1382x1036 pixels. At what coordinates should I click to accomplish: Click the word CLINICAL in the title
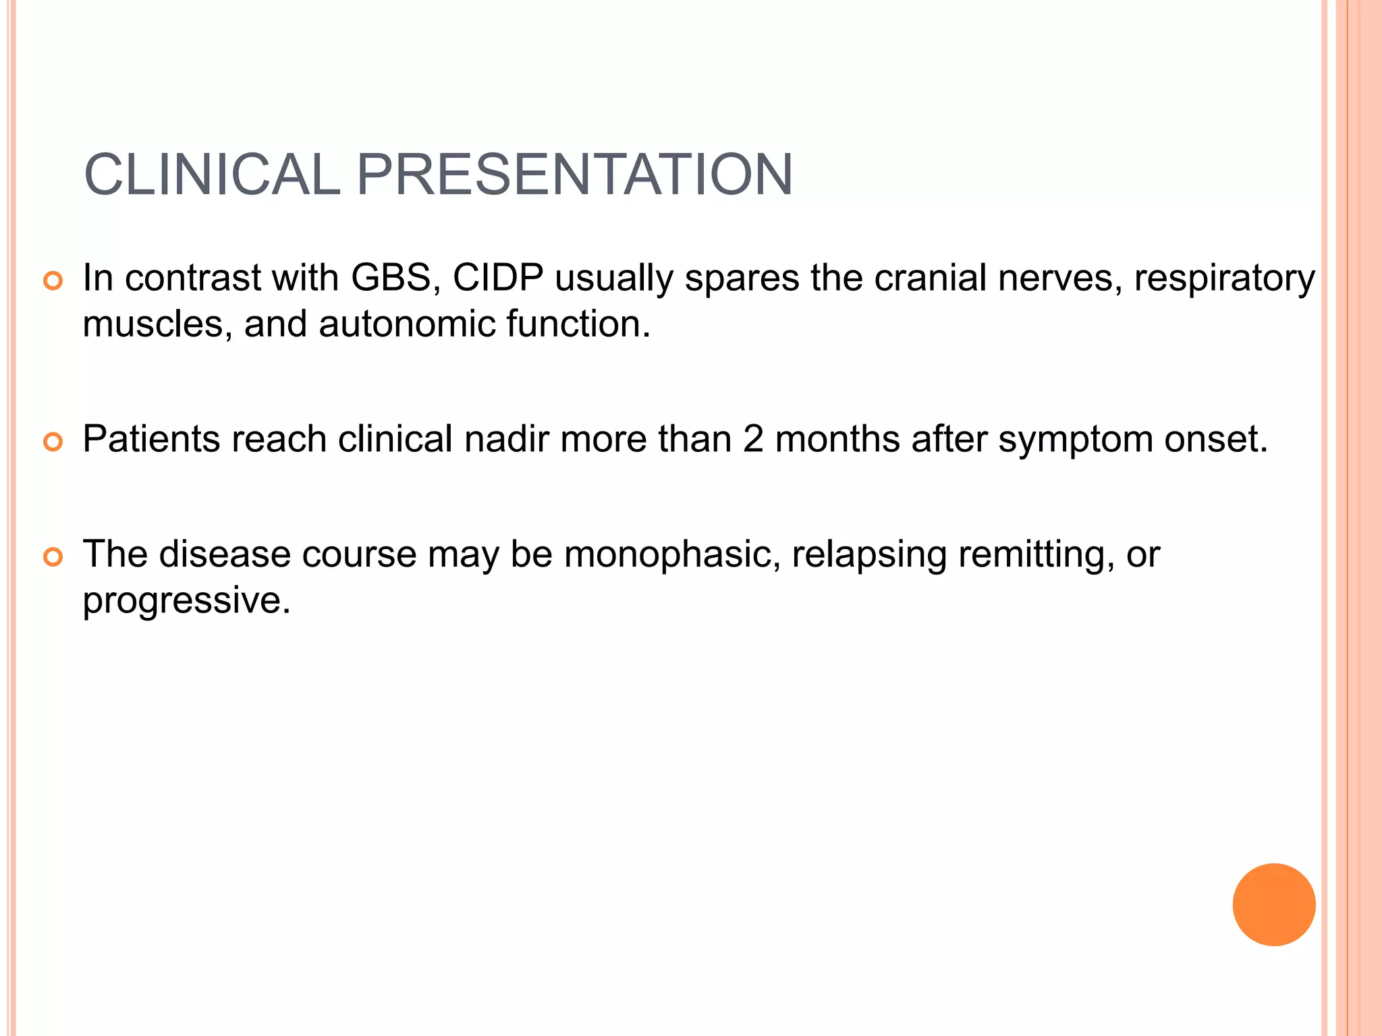click(212, 175)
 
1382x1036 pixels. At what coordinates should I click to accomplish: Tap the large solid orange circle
click(1273, 904)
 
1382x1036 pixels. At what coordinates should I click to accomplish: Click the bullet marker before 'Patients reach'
click(53, 442)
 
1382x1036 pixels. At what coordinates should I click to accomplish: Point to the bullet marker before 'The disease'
click(53, 557)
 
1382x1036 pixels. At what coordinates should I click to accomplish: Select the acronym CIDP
click(497, 277)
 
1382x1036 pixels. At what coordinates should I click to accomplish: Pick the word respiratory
click(1224, 279)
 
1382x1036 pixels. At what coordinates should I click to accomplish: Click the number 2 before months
click(753, 439)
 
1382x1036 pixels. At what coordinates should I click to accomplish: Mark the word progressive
click(186, 601)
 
